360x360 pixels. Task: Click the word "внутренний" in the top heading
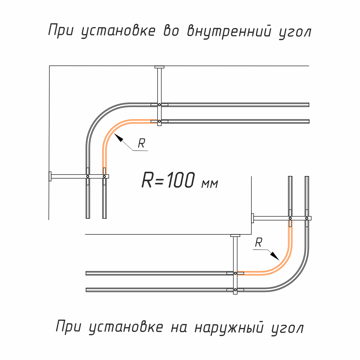click(229, 31)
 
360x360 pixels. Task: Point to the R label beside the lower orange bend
click(258, 243)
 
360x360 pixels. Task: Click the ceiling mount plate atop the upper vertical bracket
click(159, 67)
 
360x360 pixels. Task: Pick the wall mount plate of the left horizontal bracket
click(50, 176)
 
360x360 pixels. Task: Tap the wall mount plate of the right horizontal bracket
click(253, 218)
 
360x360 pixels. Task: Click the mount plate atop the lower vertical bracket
click(235, 235)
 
